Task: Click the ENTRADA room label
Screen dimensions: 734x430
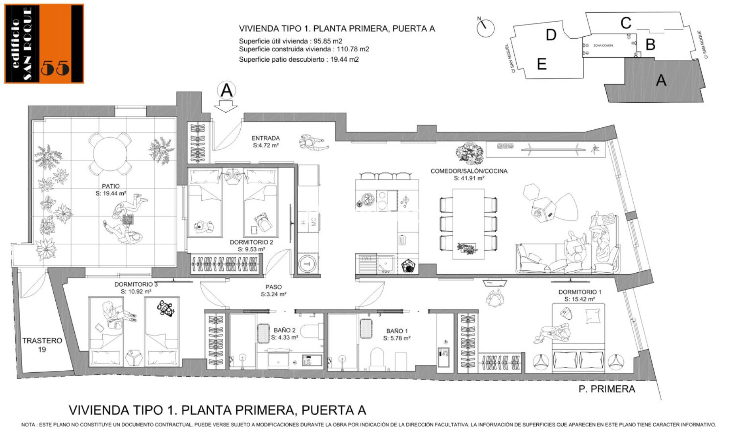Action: (266, 142)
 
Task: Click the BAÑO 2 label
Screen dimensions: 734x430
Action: (284, 334)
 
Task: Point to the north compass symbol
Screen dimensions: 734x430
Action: (485, 27)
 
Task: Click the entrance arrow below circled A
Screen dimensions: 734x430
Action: (226, 106)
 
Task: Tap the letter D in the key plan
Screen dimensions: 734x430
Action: (551, 35)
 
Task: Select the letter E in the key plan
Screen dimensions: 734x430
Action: (541, 64)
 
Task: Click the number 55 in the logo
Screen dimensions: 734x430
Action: (55, 68)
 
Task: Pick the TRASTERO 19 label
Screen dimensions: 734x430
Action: (42, 345)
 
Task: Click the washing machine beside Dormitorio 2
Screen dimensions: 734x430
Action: (307, 263)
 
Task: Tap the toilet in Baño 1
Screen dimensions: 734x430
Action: (376, 358)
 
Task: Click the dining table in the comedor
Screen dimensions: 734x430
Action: (469, 224)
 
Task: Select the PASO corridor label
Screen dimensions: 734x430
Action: (274, 291)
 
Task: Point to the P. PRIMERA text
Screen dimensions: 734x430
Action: (607, 389)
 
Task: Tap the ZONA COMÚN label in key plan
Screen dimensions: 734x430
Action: (603, 45)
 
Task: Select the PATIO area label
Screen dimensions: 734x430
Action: (111, 190)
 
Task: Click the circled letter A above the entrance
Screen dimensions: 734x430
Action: (226, 90)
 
